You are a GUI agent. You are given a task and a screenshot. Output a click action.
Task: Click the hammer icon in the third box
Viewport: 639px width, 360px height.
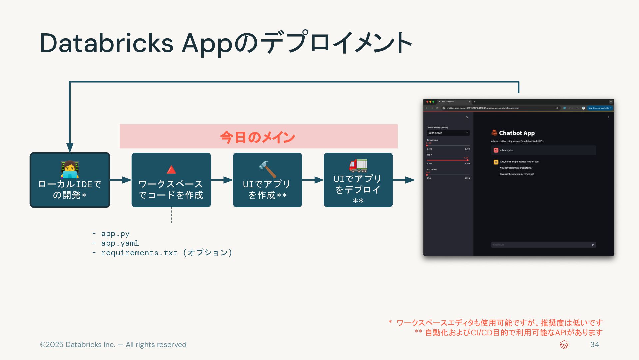[267, 169]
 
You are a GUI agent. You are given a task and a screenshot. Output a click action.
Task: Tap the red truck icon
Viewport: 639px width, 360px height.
[358, 165]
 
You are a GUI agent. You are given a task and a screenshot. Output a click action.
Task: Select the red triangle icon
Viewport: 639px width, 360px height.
[171, 170]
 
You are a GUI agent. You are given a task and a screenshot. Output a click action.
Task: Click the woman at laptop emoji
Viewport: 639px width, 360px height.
[70, 169]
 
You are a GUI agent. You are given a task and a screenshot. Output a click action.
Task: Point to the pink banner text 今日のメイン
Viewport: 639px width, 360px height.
[258, 137]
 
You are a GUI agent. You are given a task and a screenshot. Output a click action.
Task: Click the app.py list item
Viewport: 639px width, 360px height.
[115, 234]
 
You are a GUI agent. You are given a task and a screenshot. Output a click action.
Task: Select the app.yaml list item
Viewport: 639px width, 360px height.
[120, 243]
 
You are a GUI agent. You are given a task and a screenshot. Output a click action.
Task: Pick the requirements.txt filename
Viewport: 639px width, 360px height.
[139, 253]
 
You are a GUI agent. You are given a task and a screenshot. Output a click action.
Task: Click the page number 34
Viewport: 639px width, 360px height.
[594, 345]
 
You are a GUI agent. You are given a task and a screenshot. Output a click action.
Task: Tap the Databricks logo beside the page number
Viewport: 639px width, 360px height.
[564, 345]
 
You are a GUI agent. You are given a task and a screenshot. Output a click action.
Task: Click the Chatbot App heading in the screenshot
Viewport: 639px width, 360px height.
[517, 133]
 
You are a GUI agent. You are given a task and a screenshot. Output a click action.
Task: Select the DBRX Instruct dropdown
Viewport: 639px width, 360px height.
[448, 133]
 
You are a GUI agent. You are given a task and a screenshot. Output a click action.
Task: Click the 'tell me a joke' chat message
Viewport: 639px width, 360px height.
[506, 150]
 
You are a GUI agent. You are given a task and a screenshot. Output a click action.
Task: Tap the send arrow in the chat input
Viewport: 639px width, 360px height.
[593, 245]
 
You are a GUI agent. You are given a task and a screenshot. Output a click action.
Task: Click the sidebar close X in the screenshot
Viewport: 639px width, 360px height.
[467, 117]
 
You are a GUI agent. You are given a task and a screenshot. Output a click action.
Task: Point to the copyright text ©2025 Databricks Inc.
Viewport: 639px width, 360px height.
[113, 345]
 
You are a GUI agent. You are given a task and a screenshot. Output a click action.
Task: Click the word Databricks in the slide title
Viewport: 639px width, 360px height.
[106, 43]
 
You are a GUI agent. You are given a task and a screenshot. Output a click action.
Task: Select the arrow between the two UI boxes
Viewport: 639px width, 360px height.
[313, 180]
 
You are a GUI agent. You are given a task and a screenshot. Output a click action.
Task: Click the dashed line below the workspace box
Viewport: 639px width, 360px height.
[171, 215]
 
